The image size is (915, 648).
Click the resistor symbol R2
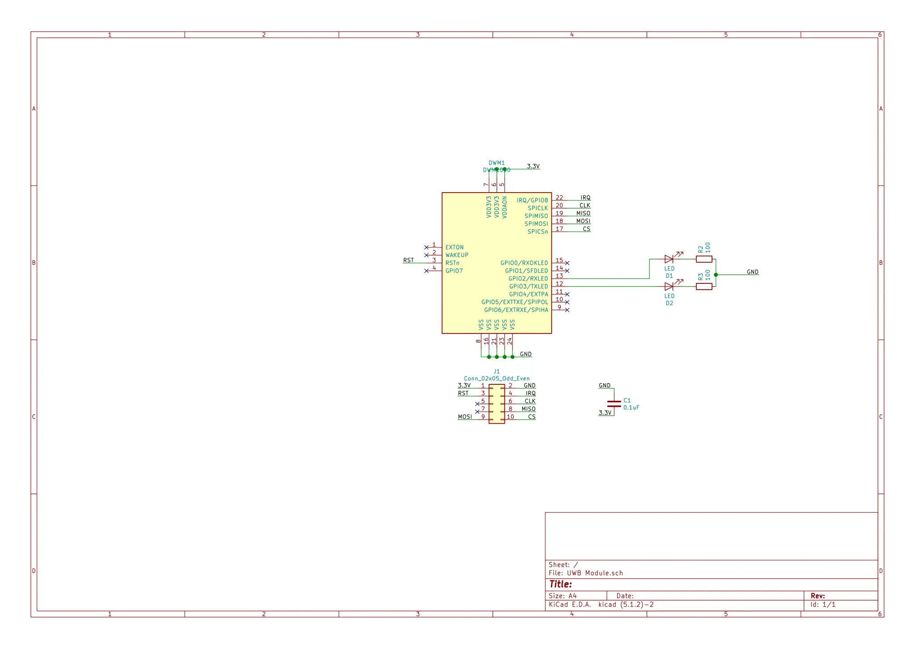[x=704, y=259]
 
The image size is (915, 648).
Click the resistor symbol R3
[x=704, y=286]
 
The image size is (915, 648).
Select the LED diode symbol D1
[x=669, y=259]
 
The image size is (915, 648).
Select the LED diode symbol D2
[x=669, y=286]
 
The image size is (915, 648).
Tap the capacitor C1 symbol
[x=614, y=404]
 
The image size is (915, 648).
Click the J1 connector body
[x=496, y=404]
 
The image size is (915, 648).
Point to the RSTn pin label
[x=452, y=263]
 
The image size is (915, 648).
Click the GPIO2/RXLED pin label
[x=528, y=278]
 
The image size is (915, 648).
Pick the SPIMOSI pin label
[x=536, y=223]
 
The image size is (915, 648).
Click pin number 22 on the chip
[x=559, y=198]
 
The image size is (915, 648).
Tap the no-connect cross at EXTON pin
[x=426, y=247]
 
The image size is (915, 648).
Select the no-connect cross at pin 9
[x=567, y=310]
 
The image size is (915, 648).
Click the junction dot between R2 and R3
[x=716, y=275]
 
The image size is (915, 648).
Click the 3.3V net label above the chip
[x=533, y=166]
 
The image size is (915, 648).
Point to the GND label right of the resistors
[x=752, y=272]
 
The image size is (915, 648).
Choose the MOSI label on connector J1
[x=465, y=417]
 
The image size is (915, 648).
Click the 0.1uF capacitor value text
[x=631, y=408]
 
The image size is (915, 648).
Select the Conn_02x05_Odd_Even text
[x=496, y=379]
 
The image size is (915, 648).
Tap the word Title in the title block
[x=560, y=584]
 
